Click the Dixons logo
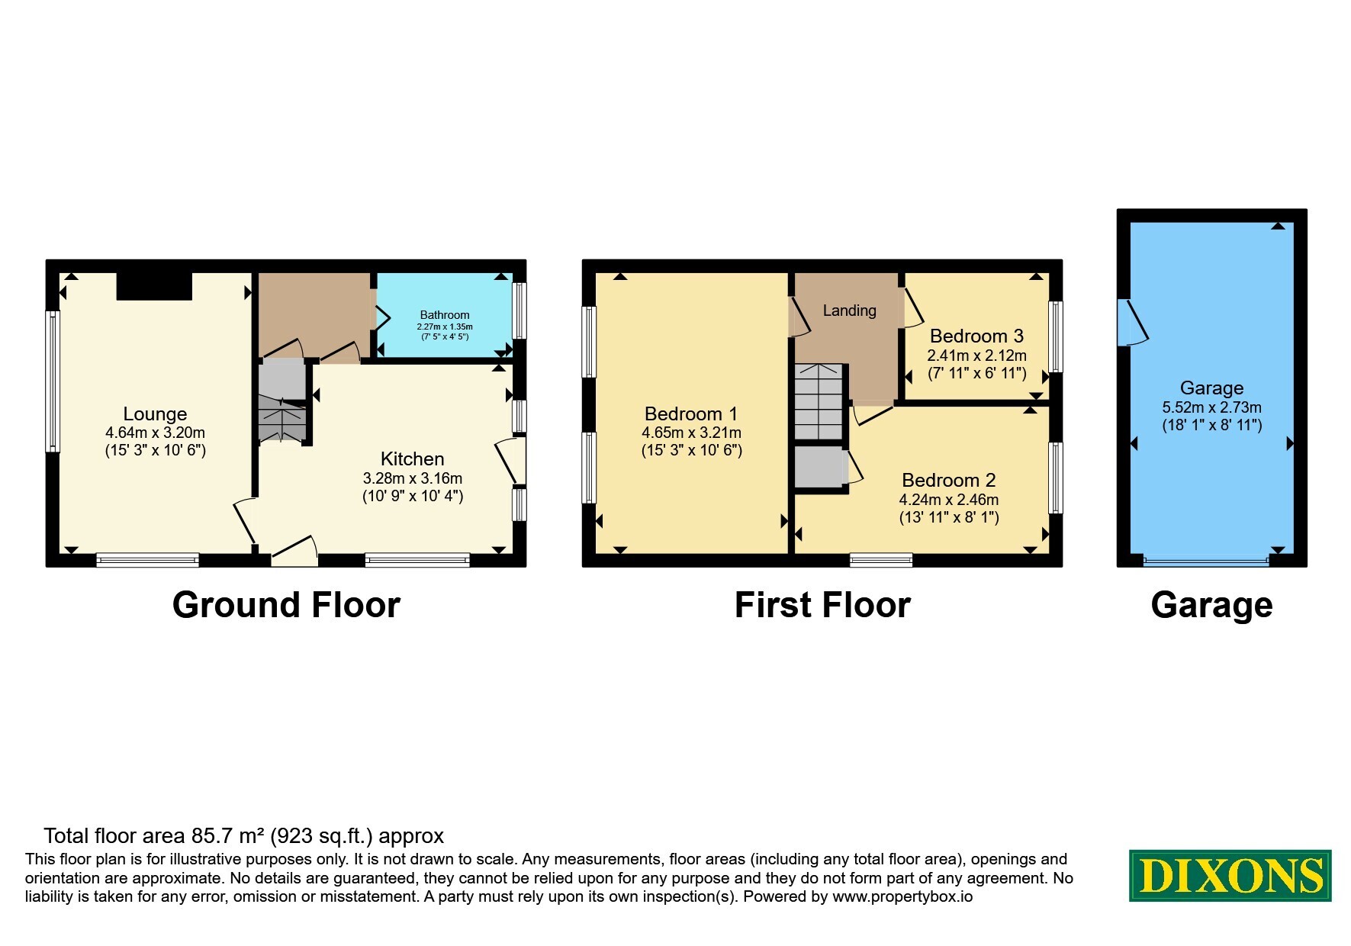(x=1230, y=876)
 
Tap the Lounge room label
(x=155, y=413)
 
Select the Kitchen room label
(x=412, y=459)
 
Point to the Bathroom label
(x=445, y=315)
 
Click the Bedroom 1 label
(x=691, y=413)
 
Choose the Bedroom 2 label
(x=949, y=480)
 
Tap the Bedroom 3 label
(x=976, y=336)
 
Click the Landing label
(x=849, y=311)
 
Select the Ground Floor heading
(x=286, y=605)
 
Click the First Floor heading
(x=822, y=605)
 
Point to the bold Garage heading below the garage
(x=1211, y=605)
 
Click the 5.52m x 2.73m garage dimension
(x=1211, y=407)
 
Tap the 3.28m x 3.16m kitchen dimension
(x=413, y=478)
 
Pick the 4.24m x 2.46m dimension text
(x=949, y=500)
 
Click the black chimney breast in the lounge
(x=154, y=286)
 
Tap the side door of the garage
(x=1133, y=322)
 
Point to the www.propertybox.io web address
(x=902, y=896)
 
